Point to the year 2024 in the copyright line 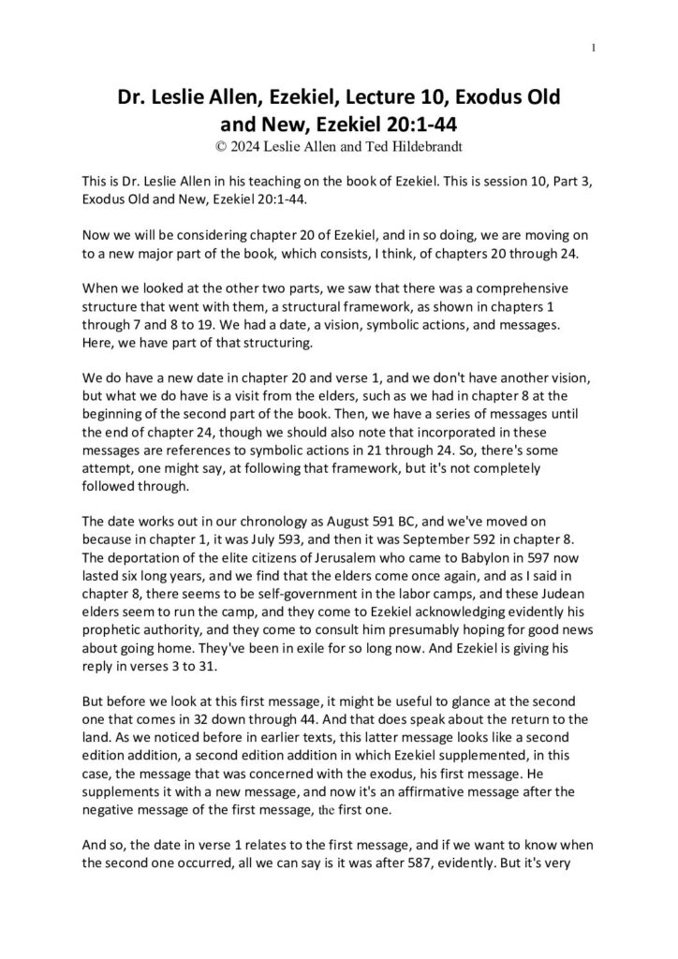(246, 146)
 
